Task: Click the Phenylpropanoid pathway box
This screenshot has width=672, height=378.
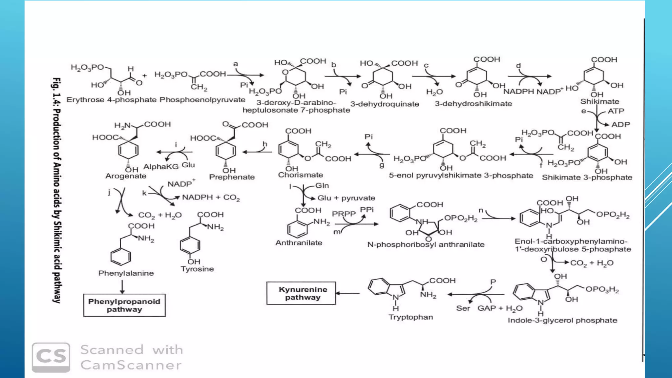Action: (x=124, y=305)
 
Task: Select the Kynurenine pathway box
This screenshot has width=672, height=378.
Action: (x=301, y=293)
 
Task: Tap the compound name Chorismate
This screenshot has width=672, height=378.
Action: (x=301, y=175)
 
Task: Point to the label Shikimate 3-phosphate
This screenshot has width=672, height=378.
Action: (x=587, y=178)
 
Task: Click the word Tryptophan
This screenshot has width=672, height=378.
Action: (x=410, y=317)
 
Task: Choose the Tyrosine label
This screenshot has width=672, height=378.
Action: (x=197, y=269)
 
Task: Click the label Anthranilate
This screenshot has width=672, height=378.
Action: (x=299, y=243)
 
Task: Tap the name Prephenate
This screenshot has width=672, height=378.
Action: (x=232, y=177)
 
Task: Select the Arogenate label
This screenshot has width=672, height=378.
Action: (x=126, y=176)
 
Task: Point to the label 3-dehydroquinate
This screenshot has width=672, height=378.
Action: (x=385, y=104)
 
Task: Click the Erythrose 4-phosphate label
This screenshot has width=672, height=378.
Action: (x=112, y=100)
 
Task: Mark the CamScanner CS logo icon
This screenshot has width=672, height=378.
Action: (x=51, y=357)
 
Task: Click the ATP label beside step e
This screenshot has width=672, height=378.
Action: (x=616, y=111)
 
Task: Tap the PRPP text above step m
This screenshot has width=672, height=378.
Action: (x=344, y=214)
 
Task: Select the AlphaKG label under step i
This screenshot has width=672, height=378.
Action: (x=161, y=167)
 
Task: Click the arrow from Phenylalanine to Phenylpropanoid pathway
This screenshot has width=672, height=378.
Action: (x=122, y=287)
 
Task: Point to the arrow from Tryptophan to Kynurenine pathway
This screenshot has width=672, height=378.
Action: (x=348, y=293)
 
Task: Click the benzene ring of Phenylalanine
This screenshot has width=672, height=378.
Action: (x=120, y=257)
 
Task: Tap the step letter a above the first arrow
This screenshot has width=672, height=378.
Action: (x=236, y=64)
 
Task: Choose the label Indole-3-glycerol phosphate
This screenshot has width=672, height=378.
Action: (x=562, y=321)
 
